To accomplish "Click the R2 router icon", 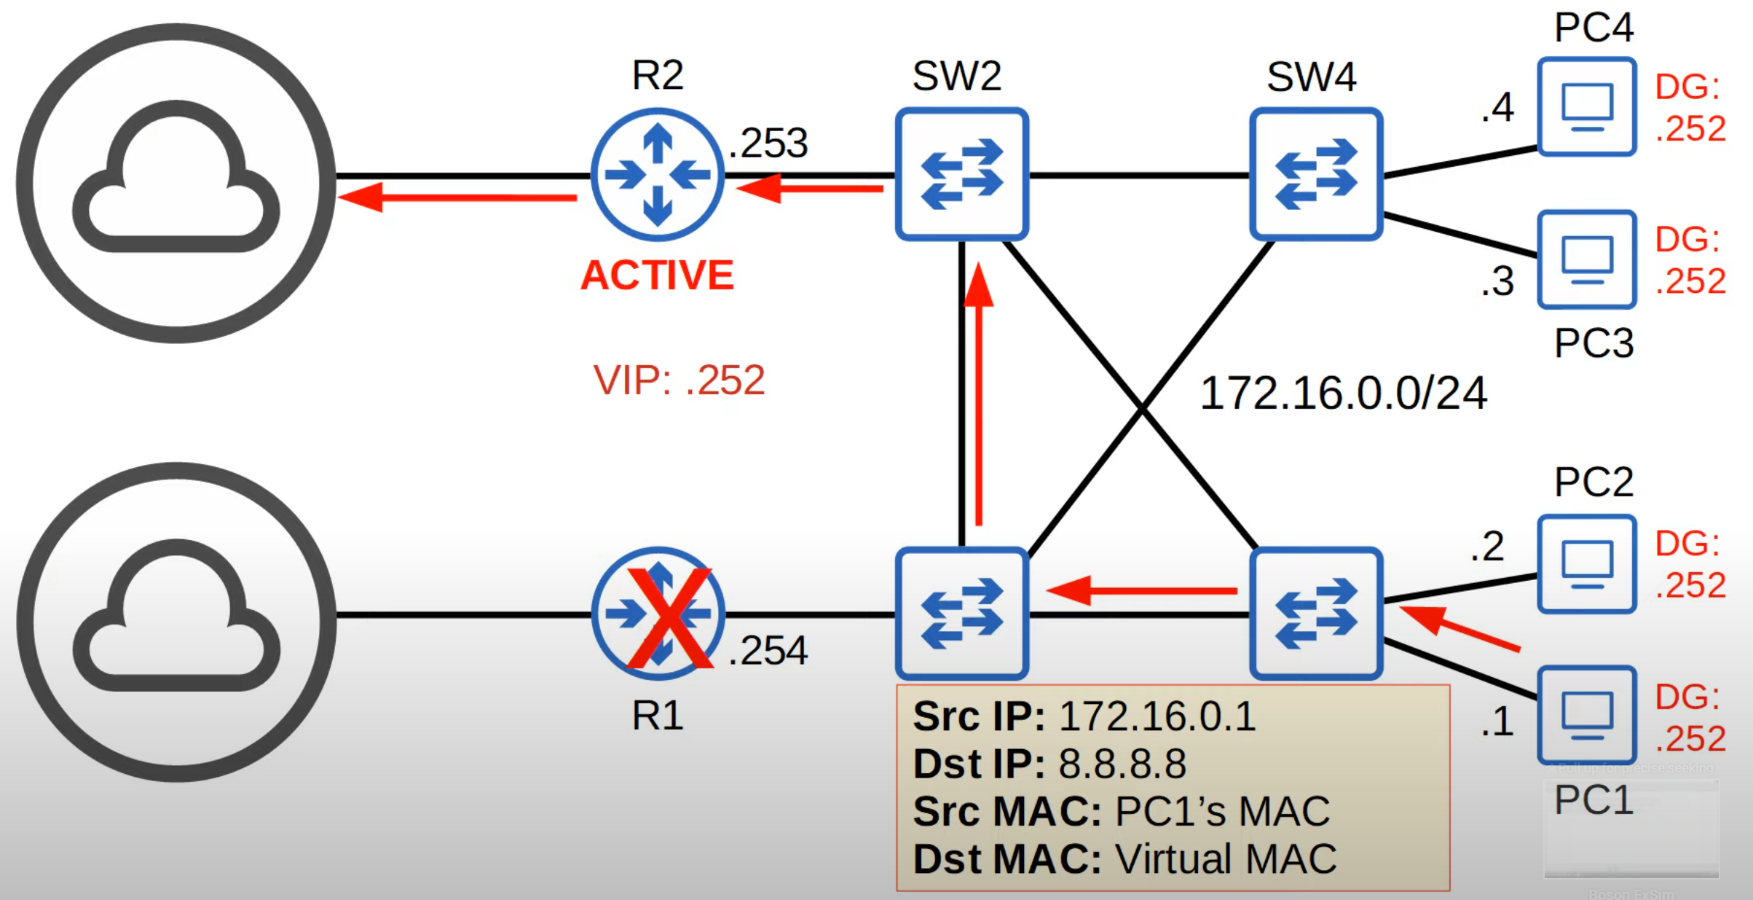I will click(x=657, y=175).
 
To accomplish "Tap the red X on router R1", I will click(x=669, y=618).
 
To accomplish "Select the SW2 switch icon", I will click(x=961, y=175).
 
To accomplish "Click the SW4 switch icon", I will click(x=1315, y=175).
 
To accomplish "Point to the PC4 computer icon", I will click(x=1587, y=107).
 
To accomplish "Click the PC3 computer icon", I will click(x=1587, y=259).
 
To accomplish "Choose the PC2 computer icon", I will click(x=1587, y=564).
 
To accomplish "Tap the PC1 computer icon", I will click(x=1587, y=715).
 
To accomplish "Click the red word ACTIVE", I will click(x=657, y=275).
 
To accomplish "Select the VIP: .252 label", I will click(x=679, y=380).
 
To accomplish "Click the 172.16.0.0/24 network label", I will click(x=1343, y=394).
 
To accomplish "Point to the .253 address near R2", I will click(x=768, y=143).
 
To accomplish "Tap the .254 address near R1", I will click(x=768, y=650).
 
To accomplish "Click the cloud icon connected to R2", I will click(x=176, y=182).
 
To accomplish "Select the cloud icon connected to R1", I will click(x=176, y=621).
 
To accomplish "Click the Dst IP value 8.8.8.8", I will click(x=1122, y=764).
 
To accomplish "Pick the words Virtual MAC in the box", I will click(x=1226, y=858).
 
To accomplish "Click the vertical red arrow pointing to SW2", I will click(x=978, y=394).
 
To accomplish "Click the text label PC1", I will click(x=1593, y=800).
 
